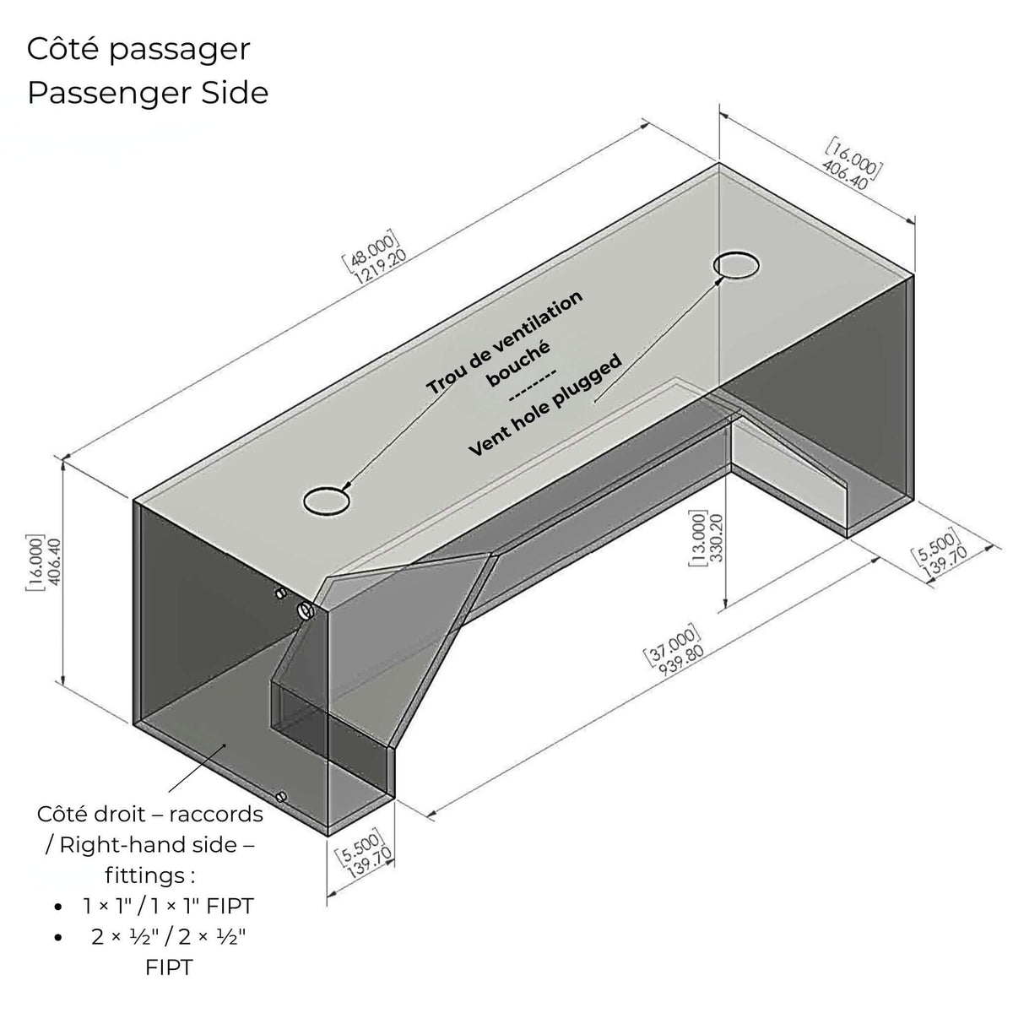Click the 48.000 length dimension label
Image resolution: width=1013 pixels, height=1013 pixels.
[374, 256]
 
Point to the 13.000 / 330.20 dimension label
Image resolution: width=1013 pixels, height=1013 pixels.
[706, 539]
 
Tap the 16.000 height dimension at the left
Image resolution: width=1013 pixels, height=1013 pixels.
[44, 562]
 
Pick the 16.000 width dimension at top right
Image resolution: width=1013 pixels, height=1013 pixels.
[852, 164]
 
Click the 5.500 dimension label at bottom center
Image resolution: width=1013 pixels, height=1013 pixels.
[364, 857]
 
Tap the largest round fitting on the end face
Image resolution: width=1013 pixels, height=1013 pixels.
[306, 610]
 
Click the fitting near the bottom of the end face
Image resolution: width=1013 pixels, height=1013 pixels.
[281, 797]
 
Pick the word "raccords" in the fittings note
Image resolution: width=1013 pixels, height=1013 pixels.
[216, 814]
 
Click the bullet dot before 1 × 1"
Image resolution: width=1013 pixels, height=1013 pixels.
[58, 907]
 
